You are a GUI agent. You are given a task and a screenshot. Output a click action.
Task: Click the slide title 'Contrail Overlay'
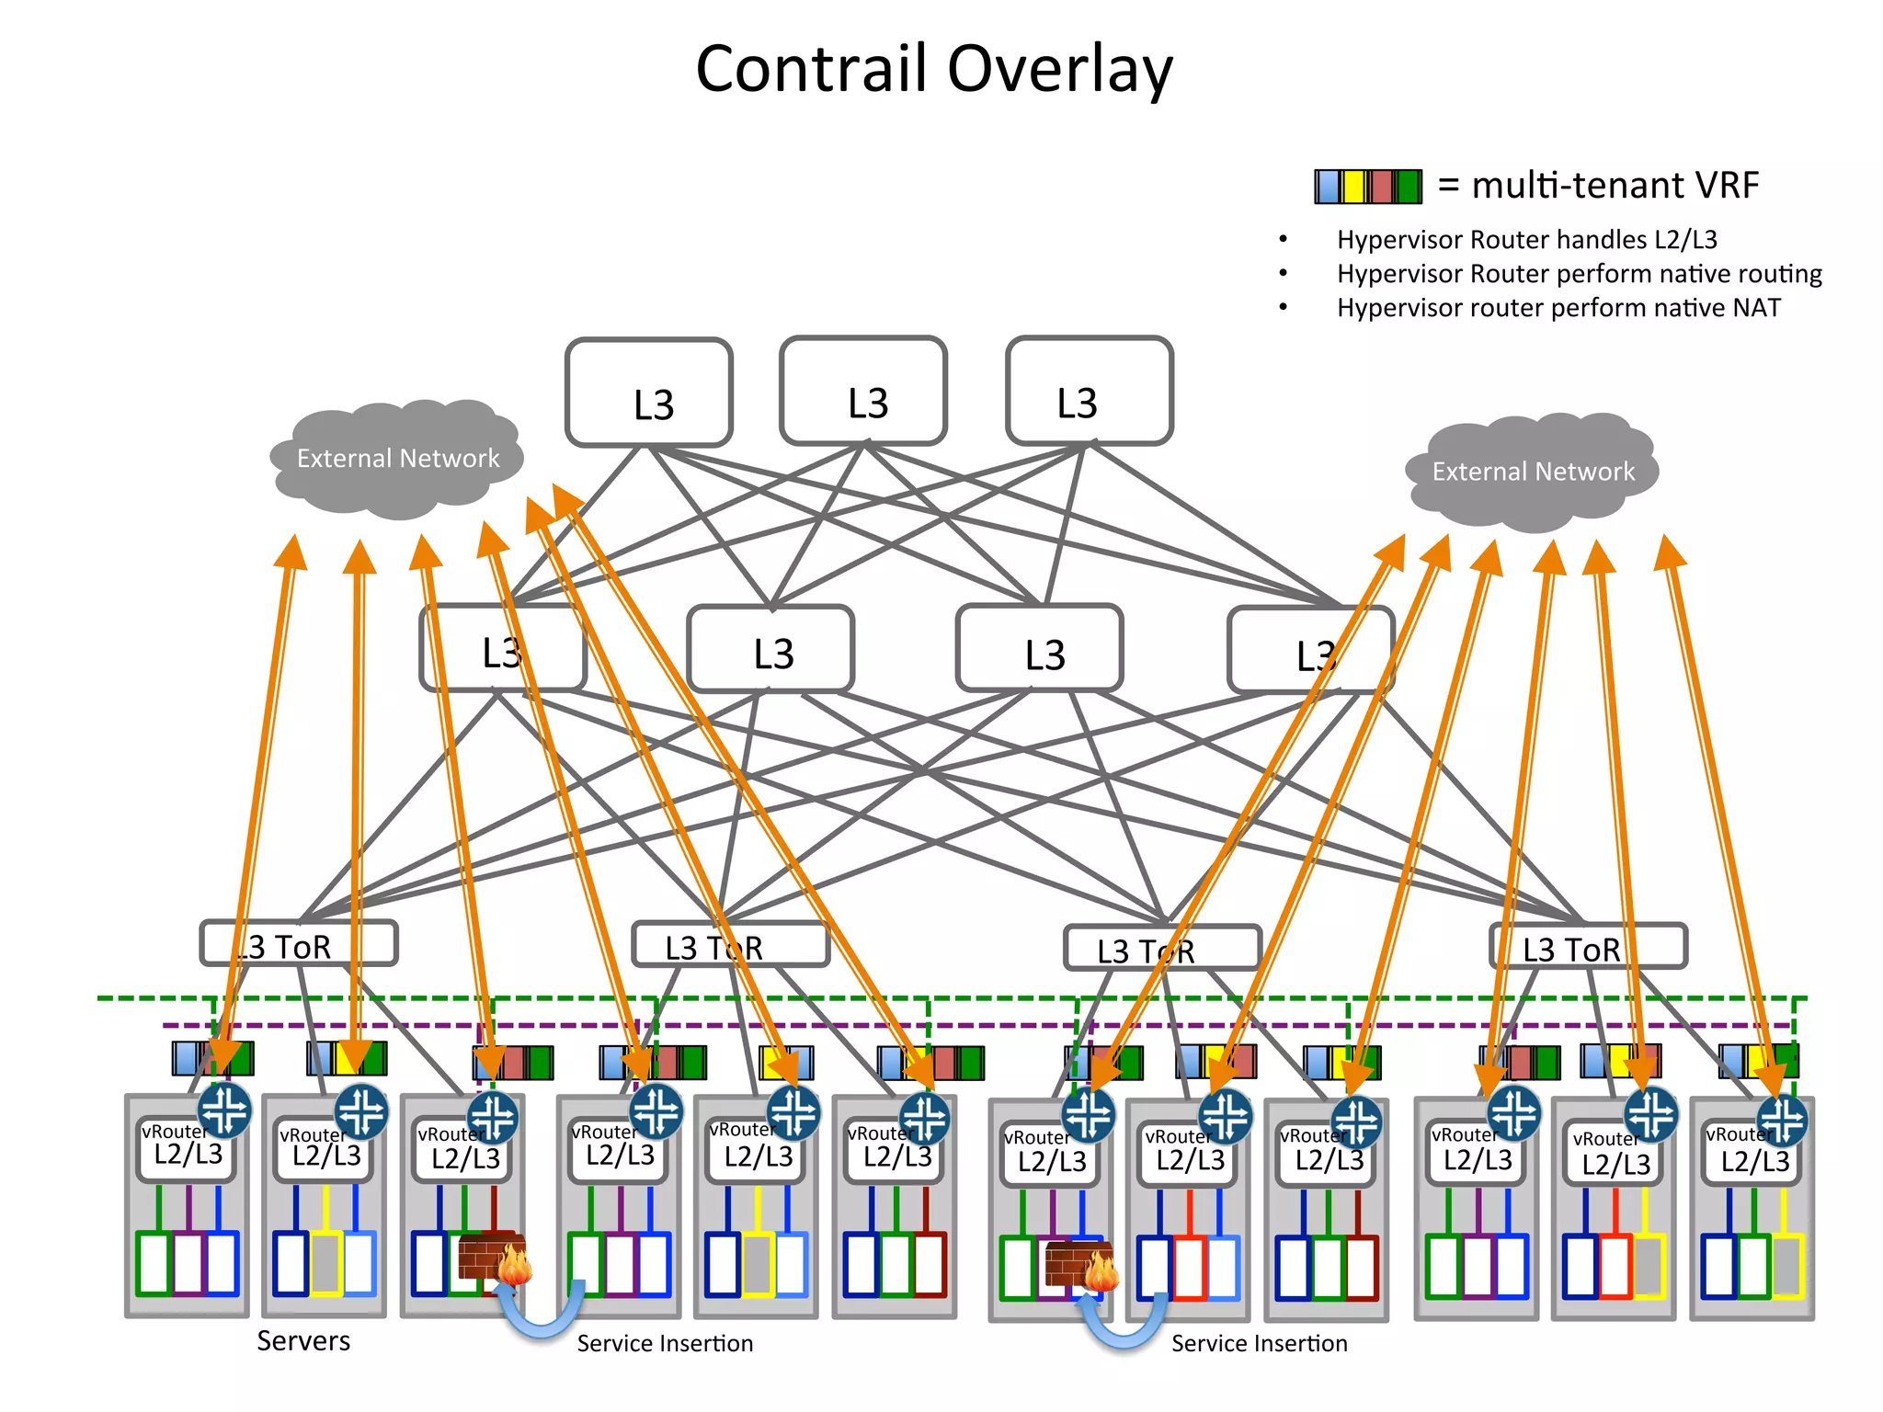click(934, 70)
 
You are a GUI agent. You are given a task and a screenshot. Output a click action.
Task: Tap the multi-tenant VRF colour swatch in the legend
click(1367, 187)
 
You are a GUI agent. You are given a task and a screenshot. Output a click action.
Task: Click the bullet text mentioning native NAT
click(1558, 308)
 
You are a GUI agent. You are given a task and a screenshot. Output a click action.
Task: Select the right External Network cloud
click(1533, 472)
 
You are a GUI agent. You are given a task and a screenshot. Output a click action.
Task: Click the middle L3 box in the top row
click(863, 392)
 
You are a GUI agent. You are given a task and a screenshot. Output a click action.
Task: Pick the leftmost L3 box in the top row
click(649, 393)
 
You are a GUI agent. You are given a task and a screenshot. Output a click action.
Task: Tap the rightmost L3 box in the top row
click(1090, 392)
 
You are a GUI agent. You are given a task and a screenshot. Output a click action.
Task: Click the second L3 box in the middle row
click(770, 649)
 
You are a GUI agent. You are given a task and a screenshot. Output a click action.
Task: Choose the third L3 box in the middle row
click(1040, 649)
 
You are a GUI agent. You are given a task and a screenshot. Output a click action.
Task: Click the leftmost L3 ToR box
click(299, 944)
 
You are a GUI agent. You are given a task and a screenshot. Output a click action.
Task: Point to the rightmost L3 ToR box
click(1588, 947)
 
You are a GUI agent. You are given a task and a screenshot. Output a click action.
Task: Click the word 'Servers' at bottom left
click(303, 1341)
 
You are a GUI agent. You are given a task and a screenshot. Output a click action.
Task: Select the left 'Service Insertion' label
click(665, 1344)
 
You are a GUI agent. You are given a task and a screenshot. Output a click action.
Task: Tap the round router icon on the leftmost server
click(224, 1109)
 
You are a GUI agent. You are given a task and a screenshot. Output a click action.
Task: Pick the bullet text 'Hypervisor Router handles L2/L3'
click(1526, 240)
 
